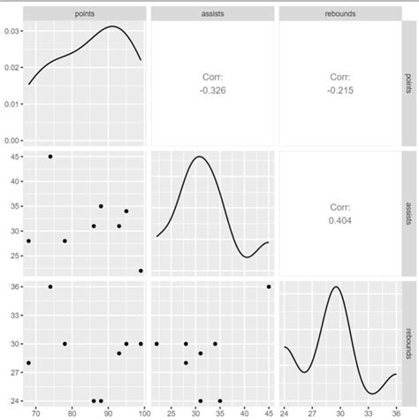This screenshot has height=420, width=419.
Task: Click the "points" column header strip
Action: point(85,13)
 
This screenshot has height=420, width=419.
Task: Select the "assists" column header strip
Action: point(212,13)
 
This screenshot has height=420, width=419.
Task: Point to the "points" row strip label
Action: point(408,82)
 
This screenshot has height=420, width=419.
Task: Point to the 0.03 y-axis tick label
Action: point(11,31)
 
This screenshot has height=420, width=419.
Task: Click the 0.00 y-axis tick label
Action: point(11,140)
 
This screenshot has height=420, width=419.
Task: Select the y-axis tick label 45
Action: point(14,157)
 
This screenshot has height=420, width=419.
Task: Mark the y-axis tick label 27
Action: point(14,372)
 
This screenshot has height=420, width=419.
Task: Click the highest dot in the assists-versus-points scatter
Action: point(50,157)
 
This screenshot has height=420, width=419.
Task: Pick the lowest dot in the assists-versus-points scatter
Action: point(141,271)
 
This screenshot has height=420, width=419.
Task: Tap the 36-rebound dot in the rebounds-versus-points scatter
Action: point(50,286)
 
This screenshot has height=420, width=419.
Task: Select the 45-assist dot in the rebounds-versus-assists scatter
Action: point(269,286)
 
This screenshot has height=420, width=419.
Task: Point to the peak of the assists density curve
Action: point(199,157)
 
